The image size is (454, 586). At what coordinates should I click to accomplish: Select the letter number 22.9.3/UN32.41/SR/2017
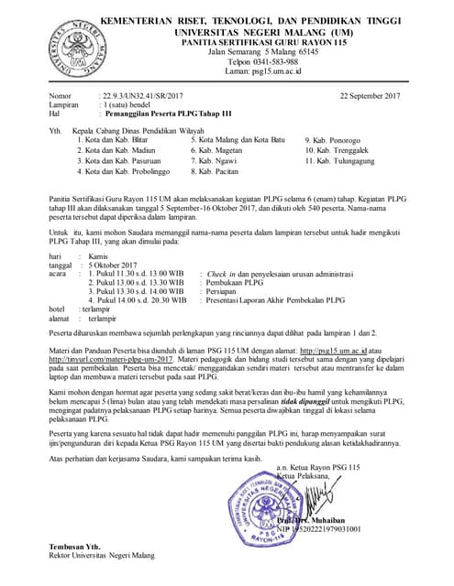(142, 95)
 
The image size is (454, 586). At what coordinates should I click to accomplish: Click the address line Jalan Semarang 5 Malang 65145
(258, 51)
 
